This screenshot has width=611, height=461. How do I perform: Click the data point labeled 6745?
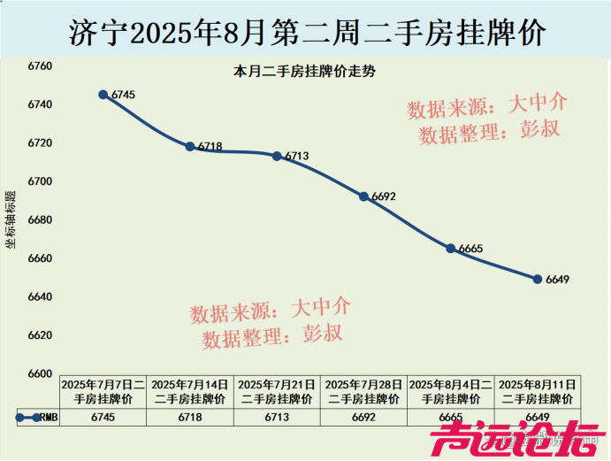point(103,95)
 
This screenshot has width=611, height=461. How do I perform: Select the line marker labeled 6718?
point(190,146)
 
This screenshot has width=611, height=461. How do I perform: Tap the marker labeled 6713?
point(277,156)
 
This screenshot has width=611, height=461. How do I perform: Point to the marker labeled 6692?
point(363,196)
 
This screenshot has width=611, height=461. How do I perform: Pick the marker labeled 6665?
point(451,249)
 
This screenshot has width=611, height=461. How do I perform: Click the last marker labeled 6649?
point(538,279)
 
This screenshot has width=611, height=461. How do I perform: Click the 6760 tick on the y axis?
point(41,66)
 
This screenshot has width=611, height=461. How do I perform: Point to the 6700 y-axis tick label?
point(41,181)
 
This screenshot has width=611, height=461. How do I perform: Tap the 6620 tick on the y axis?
point(41,335)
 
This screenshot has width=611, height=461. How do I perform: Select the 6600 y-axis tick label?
point(41,373)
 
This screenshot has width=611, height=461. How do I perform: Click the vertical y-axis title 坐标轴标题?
point(11,219)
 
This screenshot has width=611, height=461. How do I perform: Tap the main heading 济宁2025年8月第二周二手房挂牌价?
point(306,32)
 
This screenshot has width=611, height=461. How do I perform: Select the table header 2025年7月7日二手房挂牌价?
point(103,392)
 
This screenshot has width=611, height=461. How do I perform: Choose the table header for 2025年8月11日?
point(538,392)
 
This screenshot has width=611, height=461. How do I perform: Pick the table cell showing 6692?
point(363,418)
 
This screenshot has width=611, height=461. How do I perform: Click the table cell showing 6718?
point(190,418)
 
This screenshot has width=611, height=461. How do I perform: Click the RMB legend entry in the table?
point(37,418)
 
